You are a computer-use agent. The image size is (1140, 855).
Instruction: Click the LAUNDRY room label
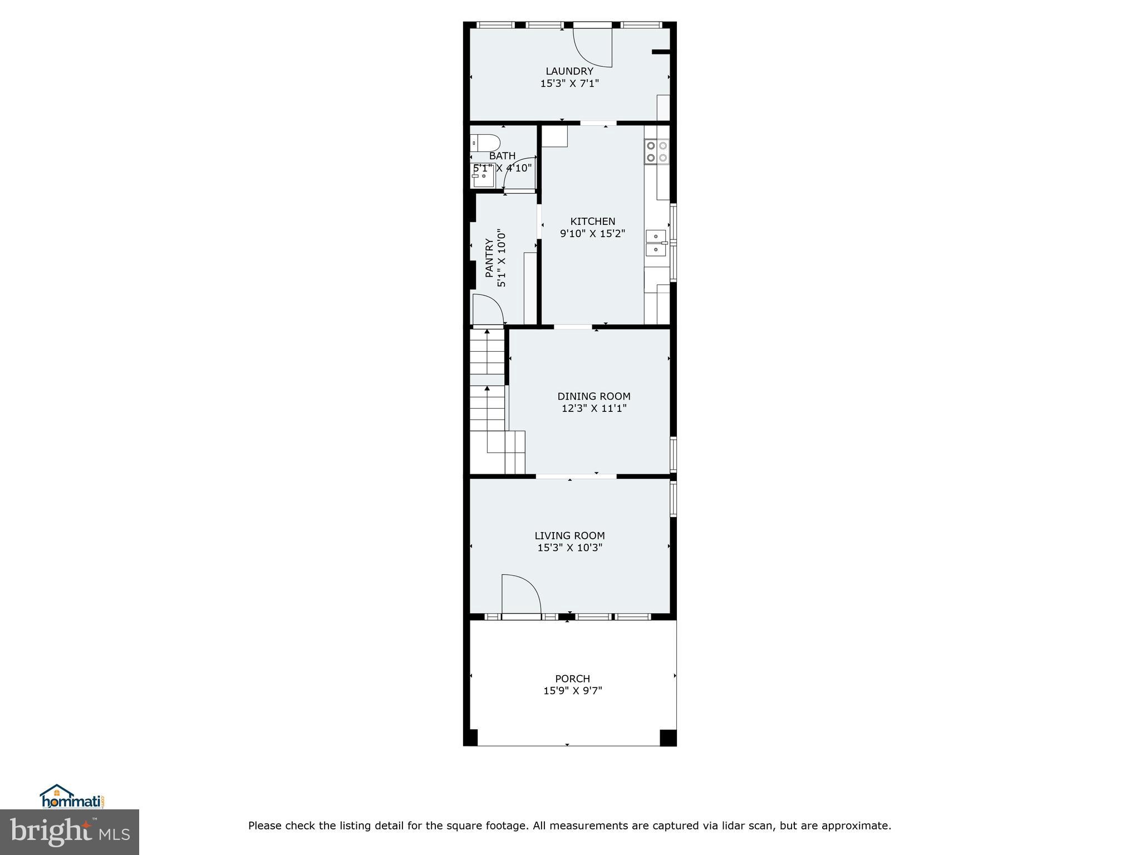pos(569,71)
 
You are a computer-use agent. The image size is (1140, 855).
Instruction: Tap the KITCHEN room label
pos(592,222)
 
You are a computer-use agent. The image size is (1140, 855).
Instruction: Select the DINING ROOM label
pos(593,396)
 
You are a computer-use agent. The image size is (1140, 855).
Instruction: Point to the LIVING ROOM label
pos(569,535)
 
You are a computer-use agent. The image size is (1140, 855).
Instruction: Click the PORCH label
pos(572,679)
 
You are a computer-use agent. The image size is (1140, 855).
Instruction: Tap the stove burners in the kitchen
pos(656,151)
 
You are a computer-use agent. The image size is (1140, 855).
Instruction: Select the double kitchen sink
pos(656,243)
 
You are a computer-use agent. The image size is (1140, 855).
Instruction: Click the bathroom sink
pos(481,179)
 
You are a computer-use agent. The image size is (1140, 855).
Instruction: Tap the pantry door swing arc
pos(488,309)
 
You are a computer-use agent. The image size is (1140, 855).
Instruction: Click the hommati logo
pos(72,798)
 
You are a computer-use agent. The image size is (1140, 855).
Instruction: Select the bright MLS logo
pos(69,832)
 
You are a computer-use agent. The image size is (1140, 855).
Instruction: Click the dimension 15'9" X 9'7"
pos(572,691)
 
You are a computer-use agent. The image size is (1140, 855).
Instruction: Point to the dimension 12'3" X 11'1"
pos(593,409)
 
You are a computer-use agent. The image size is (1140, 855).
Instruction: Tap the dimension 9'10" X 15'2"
pos(592,234)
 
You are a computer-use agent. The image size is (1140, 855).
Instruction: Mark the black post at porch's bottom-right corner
pos(667,738)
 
